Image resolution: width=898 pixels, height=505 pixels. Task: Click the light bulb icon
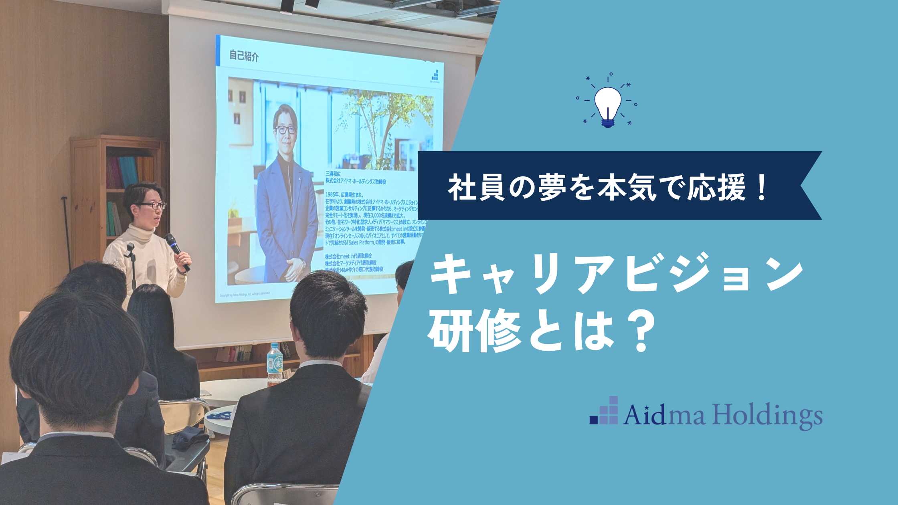[x=608, y=105]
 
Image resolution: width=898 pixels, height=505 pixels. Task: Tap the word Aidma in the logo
[x=664, y=415]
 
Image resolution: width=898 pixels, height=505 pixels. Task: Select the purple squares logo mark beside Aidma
[x=604, y=411]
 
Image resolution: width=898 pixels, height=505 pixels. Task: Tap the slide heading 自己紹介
[x=244, y=56]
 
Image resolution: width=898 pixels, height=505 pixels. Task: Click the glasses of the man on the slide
[x=285, y=129]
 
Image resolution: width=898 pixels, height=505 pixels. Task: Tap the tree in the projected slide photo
[x=381, y=120]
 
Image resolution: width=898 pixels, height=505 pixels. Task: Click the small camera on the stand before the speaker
[x=129, y=250]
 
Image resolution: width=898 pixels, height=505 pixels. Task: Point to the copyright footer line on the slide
[x=245, y=295]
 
